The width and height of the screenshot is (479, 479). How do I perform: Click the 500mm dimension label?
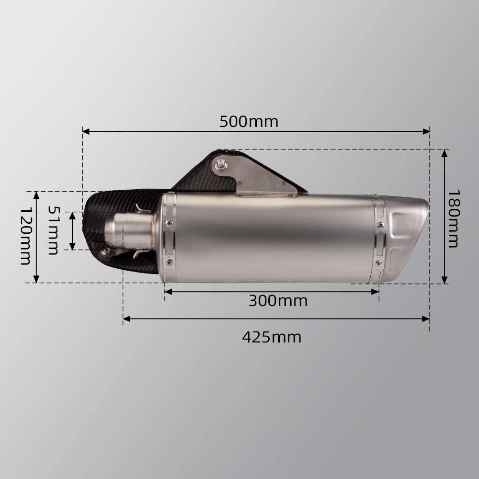click(x=249, y=122)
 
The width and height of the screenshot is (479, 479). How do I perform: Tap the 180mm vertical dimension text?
click(x=453, y=218)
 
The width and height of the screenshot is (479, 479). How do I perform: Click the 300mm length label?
click(x=278, y=301)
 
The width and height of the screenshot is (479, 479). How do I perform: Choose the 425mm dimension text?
click(x=272, y=337)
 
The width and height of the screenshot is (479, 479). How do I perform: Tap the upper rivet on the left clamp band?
click(x=169, y=223)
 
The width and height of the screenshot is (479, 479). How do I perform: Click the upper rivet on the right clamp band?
click(x=380, y=225)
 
